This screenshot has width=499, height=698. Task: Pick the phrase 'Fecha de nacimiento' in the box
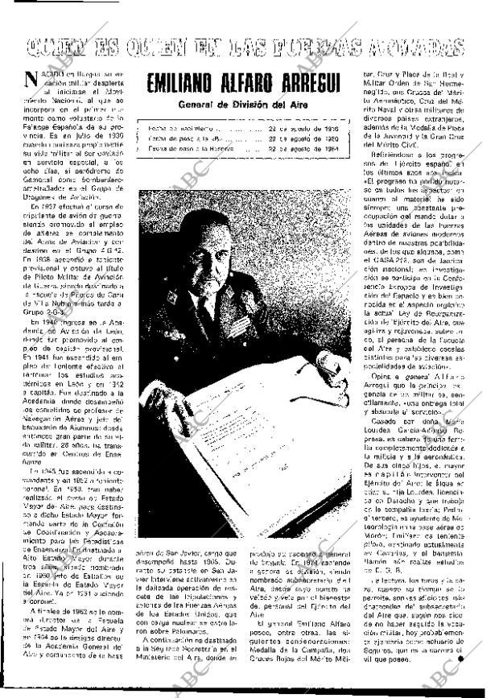click(172, 128)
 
